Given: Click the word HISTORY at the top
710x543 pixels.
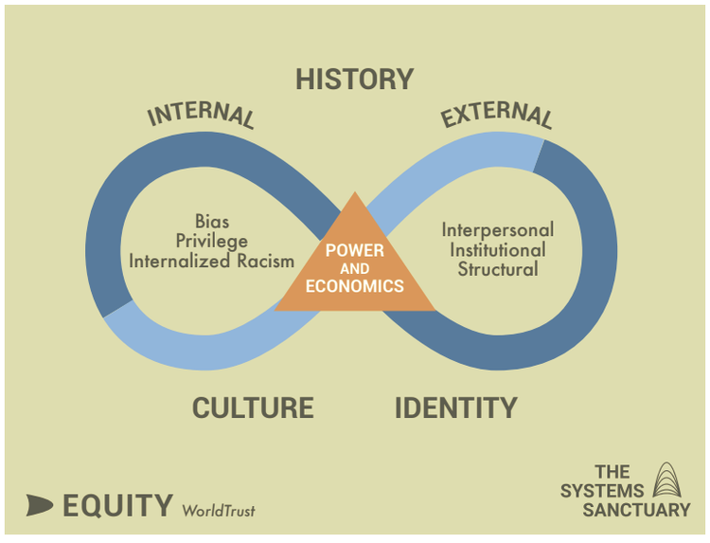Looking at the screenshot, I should pyautogui.click(x=354, y=79).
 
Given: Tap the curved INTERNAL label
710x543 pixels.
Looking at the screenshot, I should pyautogui.click(x=201, y=113).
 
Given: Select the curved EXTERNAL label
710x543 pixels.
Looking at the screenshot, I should pyautogui.click(x=496, y=115).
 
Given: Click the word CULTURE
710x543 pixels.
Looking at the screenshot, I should pyautogui.click(x=253, y=407).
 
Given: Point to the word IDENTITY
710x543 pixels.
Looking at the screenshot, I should pyautogui.click(x=455, y=407).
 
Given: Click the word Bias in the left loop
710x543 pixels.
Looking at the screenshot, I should pyautogui.click(x=211, y=222).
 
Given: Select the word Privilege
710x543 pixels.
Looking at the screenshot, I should pyautogui.click(x=212, y=241).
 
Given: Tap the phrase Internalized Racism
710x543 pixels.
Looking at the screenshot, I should pyautogui.click(x=212, y=261).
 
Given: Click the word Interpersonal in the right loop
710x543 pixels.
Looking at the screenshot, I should pyautogui.click(x=498, y=230).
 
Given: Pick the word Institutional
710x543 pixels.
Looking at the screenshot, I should pyautogui.click(x=498, y=250).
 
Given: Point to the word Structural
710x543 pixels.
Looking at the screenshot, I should pyautogui.click(x=498, y=269).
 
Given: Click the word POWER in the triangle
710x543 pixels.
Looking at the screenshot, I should pyautogui.click(x=355, y=250).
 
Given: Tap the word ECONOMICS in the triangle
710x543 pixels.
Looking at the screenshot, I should pyautogui.click(x=355, y=285).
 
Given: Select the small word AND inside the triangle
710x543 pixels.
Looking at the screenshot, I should pyautogui.click(x=355, y=268).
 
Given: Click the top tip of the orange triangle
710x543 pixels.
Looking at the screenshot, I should pyautogui.click(x=355, y=195).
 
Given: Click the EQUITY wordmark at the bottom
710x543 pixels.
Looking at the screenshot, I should pyautogui.click(x=117, y=506).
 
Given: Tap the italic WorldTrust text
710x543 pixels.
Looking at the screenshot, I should pyautogui.click(x=219, y=510).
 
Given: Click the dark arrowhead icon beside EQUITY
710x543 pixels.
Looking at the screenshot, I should pyautogui.click(x=40, y=505).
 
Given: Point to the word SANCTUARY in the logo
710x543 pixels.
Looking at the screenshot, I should pyautogui.click(x=636, y=510).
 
